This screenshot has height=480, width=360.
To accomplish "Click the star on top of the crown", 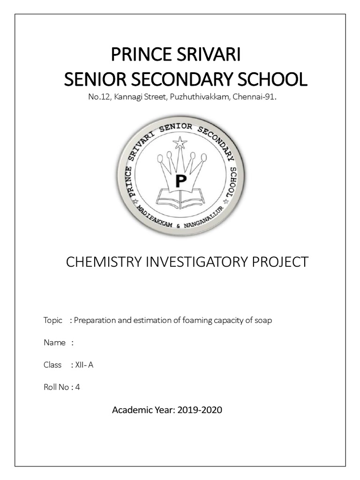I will (x=180, y=142).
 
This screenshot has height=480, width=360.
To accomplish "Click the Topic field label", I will (x=52, y=321).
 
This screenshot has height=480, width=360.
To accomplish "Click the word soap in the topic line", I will (x=263, y=321).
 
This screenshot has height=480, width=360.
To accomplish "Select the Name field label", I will (x=54, y=343).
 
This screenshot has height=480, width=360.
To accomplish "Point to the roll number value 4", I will (x=78, y=387).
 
